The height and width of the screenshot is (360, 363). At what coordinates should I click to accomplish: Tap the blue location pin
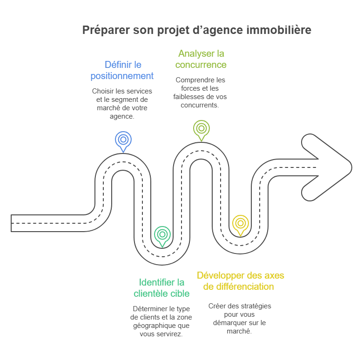point(123,140)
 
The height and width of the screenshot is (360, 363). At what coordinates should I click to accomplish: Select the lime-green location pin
point(202,128)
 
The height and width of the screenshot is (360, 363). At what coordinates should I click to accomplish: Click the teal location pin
point(162,234)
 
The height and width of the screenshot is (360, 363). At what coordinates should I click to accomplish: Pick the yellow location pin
point(240,223)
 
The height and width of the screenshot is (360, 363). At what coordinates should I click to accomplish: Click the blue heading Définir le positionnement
point(122,69)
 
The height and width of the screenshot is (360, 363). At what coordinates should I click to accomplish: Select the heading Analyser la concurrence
point(201,59)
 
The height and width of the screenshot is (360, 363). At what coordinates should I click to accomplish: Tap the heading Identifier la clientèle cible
point(161,287)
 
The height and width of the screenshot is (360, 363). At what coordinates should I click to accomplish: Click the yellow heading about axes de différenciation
point(241,281)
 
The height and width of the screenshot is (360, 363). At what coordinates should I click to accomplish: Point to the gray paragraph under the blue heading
point(122,103)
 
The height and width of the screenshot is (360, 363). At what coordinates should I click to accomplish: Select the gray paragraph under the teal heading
point(161,320)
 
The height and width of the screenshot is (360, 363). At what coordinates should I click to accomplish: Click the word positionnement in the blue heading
point(122,75)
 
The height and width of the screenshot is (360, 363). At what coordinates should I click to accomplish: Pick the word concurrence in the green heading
point(201,65)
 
